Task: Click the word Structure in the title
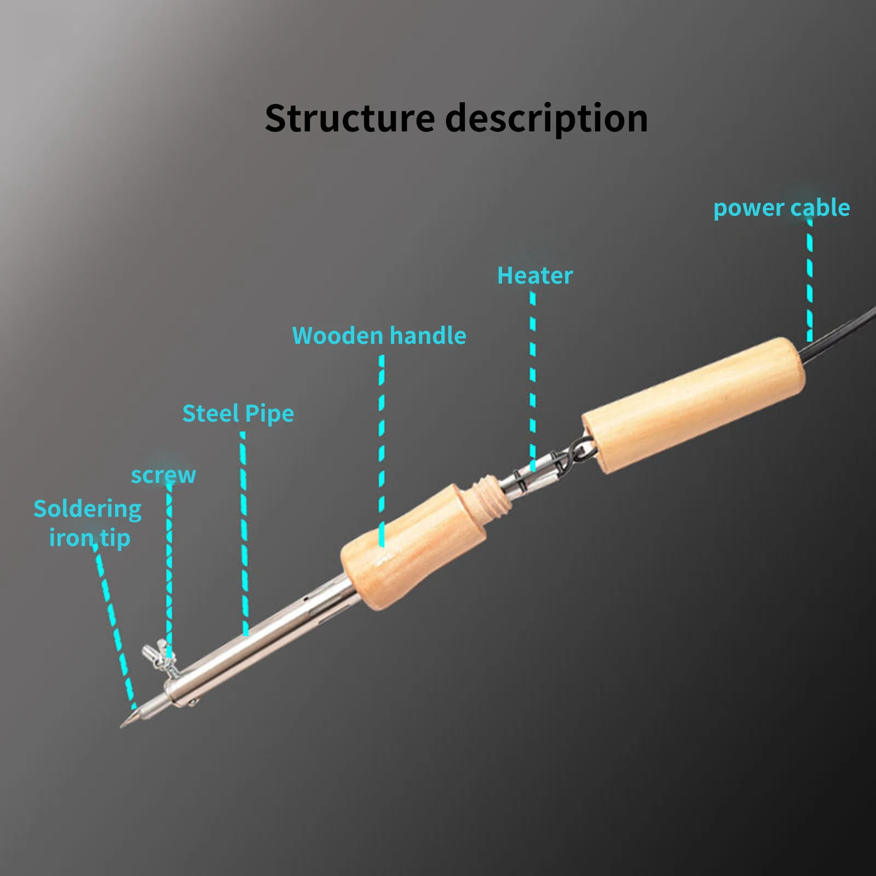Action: click(x=350, y=118)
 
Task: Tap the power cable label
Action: click(x=781, y=208)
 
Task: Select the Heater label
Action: click(x=535, y=275)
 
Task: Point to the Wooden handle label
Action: click(x=379, y=336)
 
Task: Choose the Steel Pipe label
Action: click(x=238, y=414)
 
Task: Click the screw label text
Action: click(x=163, y=475)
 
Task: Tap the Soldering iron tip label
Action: click(x=88, y=523)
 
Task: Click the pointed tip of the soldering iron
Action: click(x=122, y=727)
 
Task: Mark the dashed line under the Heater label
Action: click(x=533, y=381)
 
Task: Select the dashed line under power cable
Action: click(x=810, y=280)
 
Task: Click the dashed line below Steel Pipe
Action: click(x=244, y=534)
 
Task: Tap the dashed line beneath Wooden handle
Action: click(x=382, y=451)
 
